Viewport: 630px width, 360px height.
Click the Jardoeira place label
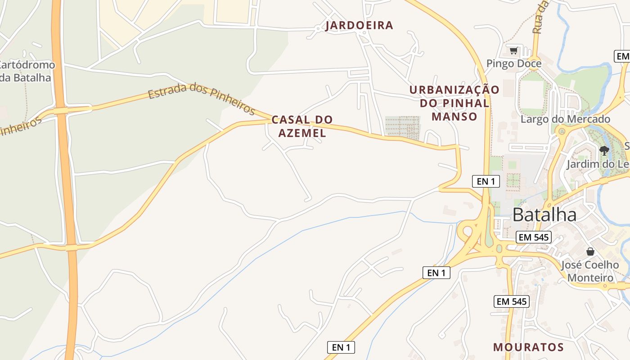pyautogui.click(x=359, y=25)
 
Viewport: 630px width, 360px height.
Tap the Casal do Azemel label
pyautogui.click(x=302, y=126)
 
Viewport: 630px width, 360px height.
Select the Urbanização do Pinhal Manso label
pyautogui.click(x=454, y=103)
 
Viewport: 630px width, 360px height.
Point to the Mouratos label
pyautogui.click(x=528, y=347)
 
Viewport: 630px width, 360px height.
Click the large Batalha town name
pyautogui.click(x=544, y=215)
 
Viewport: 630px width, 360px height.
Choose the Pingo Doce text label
pyautogui.click(x=514, y=64)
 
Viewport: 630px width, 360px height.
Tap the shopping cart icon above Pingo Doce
pyautogui.click(x=513, y=50)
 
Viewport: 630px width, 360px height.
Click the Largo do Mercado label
pyautogui.click(x=565, y=119)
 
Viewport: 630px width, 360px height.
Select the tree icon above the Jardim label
pyautogui.click(x=604, y=150)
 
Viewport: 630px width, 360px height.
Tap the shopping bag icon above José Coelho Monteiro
pyautogui.click(x=590, y=252)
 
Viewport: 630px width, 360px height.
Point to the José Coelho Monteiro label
pyautogui.click(x=590, y=271)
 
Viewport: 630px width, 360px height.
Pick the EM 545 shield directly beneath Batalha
pyautogui.click(x=534, y=237)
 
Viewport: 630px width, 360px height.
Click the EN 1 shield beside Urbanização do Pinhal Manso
pyautogui.click(x=486, y=181)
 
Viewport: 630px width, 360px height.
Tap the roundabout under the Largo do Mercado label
pyautogui.click(x=561, y=132)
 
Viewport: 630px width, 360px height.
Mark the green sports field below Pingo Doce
pyautogui.click(x=532, y=95)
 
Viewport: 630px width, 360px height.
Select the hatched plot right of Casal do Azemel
pyautogui.click(x=402, y=128)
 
